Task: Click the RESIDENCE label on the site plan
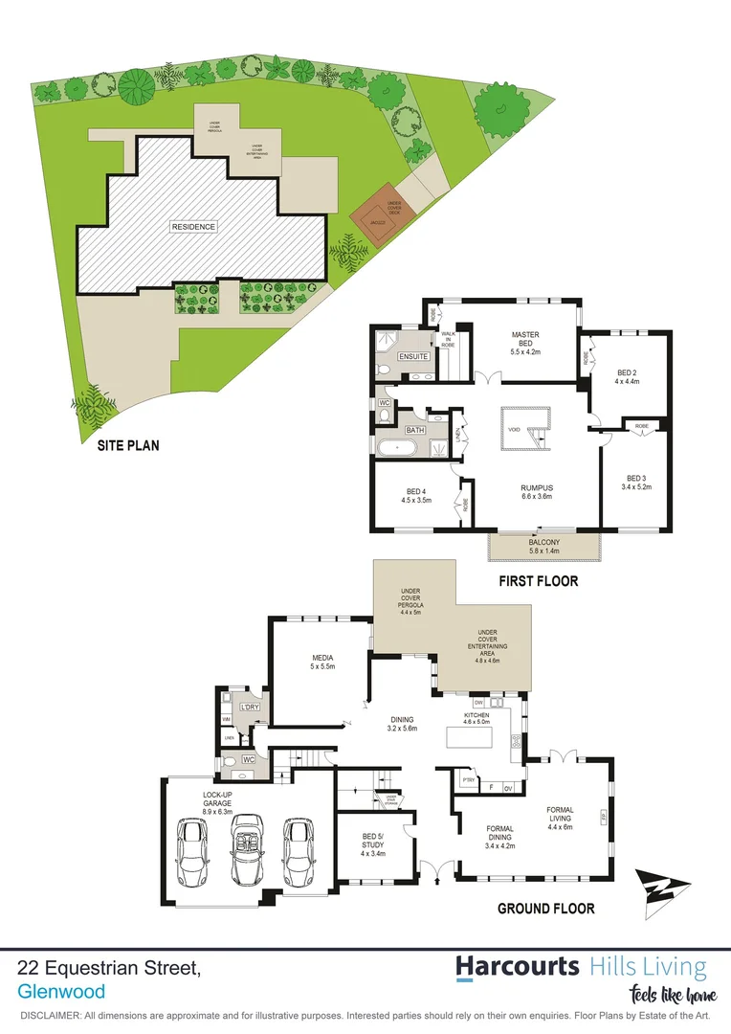pos(194,227)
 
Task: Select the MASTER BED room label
pos(525,341)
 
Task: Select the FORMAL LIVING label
pos(560,816)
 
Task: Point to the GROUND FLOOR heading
pos(545,909)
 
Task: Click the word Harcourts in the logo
pos(518,965)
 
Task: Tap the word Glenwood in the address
pos(61,992)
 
